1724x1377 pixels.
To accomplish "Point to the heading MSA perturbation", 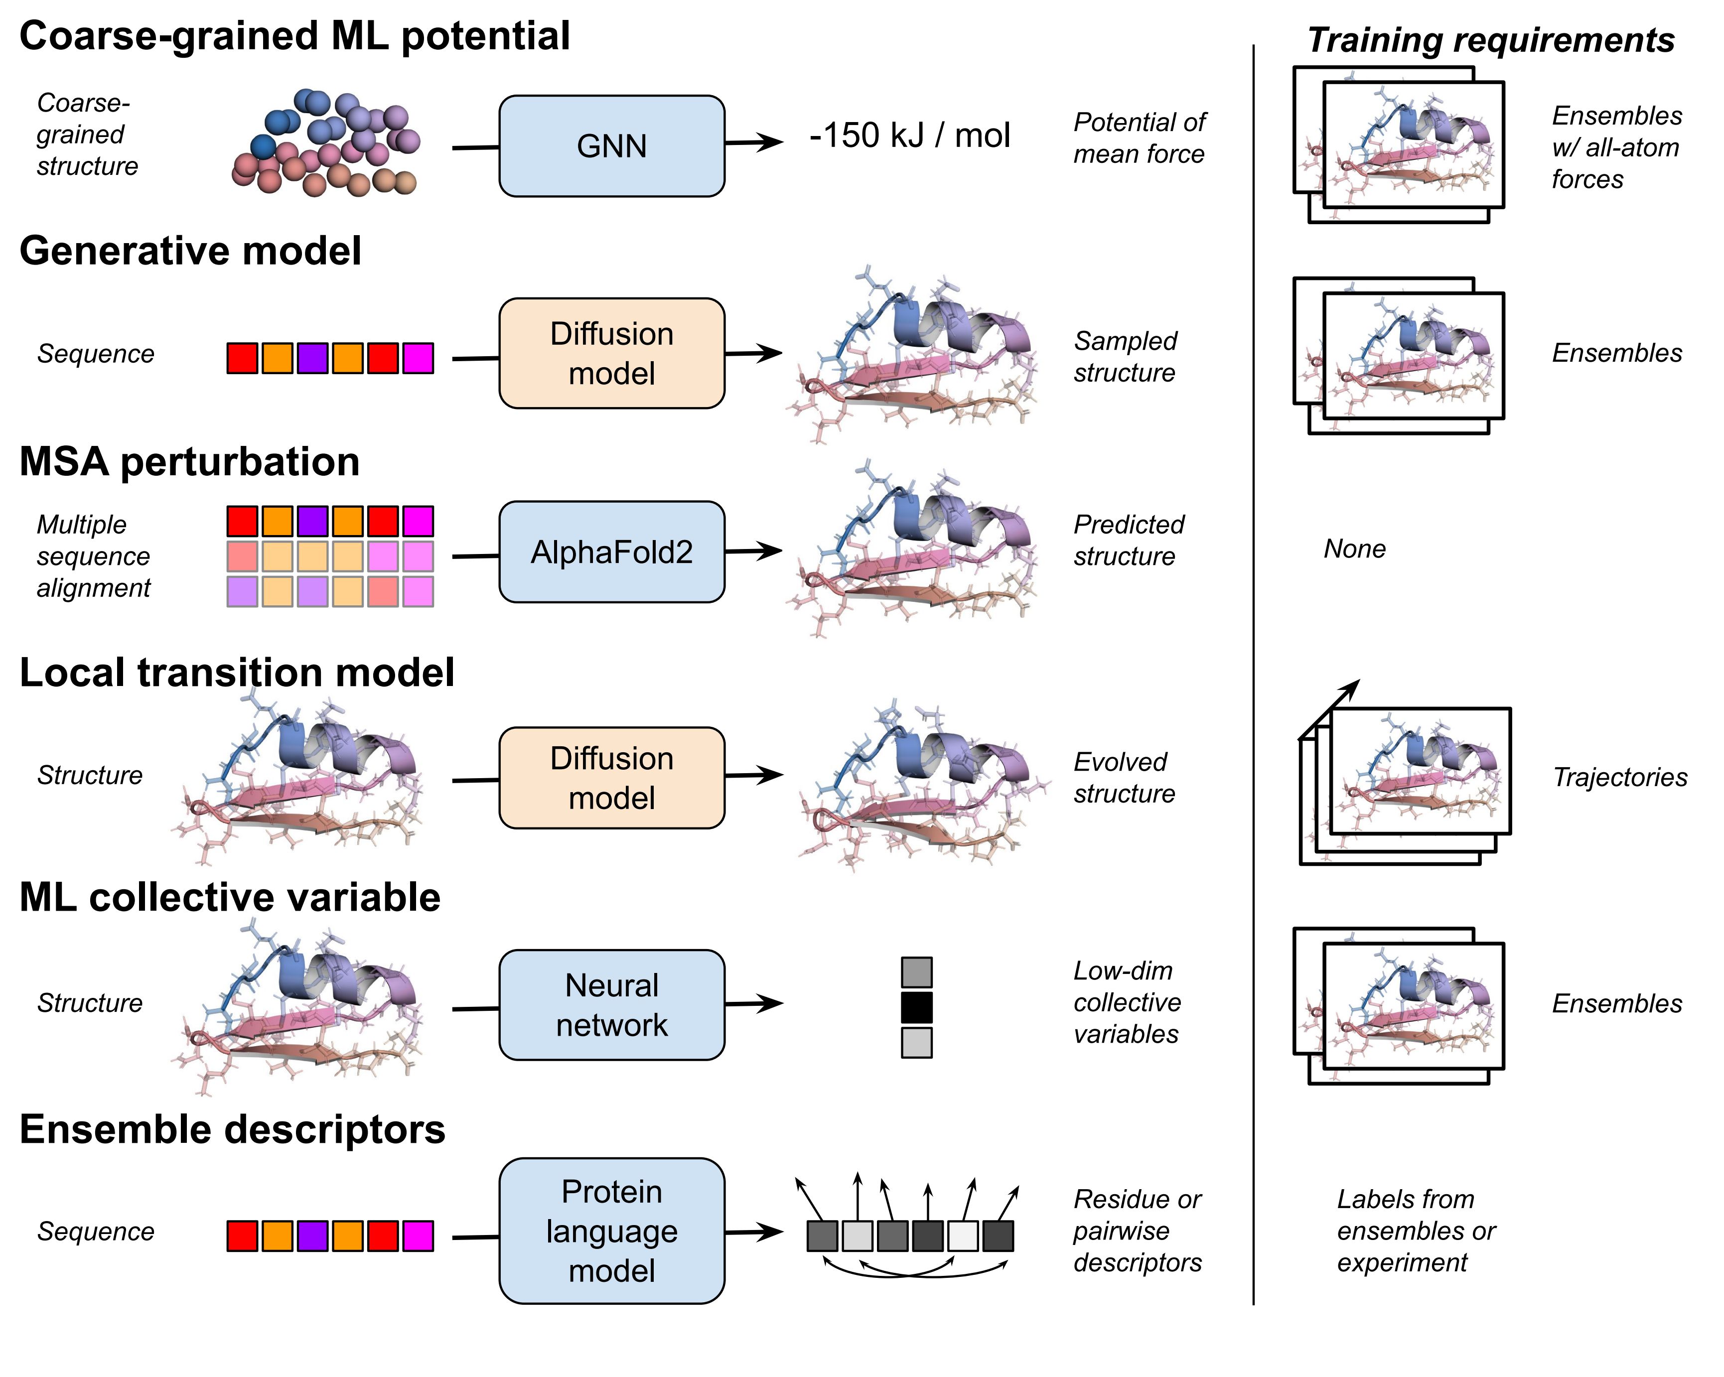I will [x=189, y=462].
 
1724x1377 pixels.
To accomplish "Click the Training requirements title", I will [x=1490, y=40].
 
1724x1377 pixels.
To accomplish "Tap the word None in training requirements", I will [x=1354, y=549].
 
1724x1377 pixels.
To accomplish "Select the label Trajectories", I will [x=1619, y=777].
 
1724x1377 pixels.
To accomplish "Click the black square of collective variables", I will [x=916, y=1007].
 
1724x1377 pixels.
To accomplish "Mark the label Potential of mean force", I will [x=1139, y=138].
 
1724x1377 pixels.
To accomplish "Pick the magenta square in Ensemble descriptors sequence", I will [x=418, y=1236].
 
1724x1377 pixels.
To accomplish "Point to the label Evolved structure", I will [x=1124, y=777].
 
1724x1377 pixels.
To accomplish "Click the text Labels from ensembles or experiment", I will [x=1416, y=1231].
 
